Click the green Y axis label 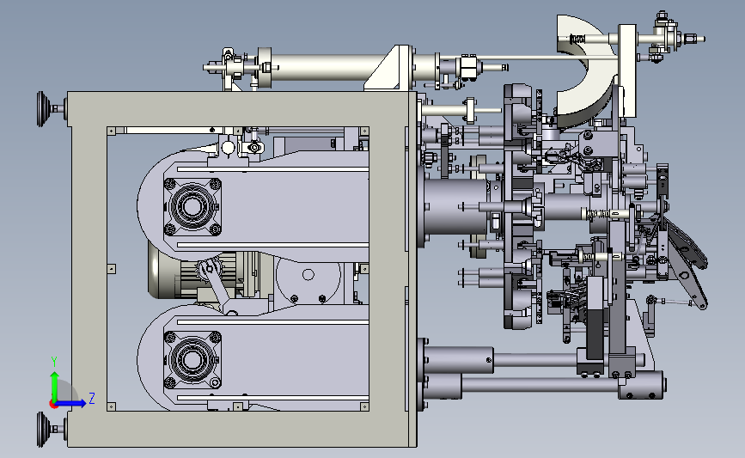click(54, 362)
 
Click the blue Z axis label click(92, 398)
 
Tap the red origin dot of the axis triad click(54, 404)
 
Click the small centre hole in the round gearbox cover click(308, 275)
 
